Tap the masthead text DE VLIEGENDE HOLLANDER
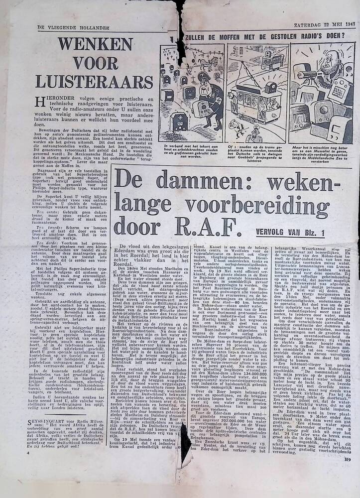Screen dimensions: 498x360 click(66, 27)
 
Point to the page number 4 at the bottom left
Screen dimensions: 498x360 click(29, 454)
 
